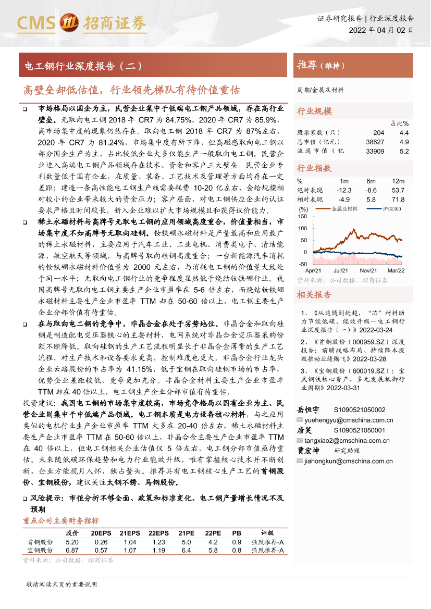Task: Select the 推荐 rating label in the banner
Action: [x=307, y=66]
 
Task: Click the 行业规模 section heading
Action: [x=314, y=111]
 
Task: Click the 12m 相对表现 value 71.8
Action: [x=398, y=200]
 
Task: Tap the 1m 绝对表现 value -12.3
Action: [x=344, y=191]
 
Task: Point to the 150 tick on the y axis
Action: [x=303, y=216]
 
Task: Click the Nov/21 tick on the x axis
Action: [x=368, y=271]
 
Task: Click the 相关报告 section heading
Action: [x=314, y=295]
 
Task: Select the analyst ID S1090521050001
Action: [x=360, y=430]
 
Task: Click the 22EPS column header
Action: [x=158, y=533]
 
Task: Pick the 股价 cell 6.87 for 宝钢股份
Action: [x=72, y=550]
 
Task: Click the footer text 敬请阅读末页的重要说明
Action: [x=61, y=585]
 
